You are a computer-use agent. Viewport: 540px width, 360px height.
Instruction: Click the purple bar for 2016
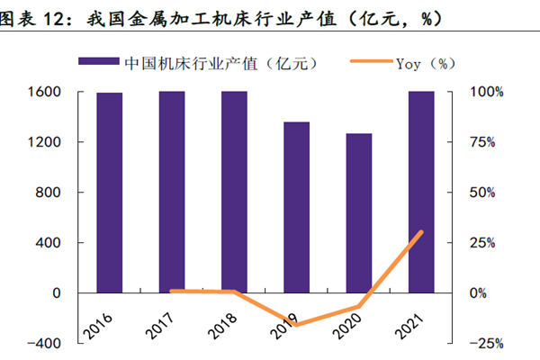click(x=110, y=193)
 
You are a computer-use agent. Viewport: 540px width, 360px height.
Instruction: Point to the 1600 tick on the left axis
click(x=44, y=93)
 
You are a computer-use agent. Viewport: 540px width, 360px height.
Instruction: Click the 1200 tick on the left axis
click(x=44, y=142)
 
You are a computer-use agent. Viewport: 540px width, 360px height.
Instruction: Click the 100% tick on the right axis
click(x=485, y=93)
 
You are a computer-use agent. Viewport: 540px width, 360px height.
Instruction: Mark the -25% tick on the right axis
click(x=484, y=344)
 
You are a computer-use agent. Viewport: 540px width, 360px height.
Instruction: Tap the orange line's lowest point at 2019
click(x=296, y=324)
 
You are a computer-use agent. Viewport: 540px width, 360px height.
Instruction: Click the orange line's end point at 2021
click(x=421, y=232)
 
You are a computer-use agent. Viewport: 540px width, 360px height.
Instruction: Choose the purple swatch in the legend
click(x=98, y=63)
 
